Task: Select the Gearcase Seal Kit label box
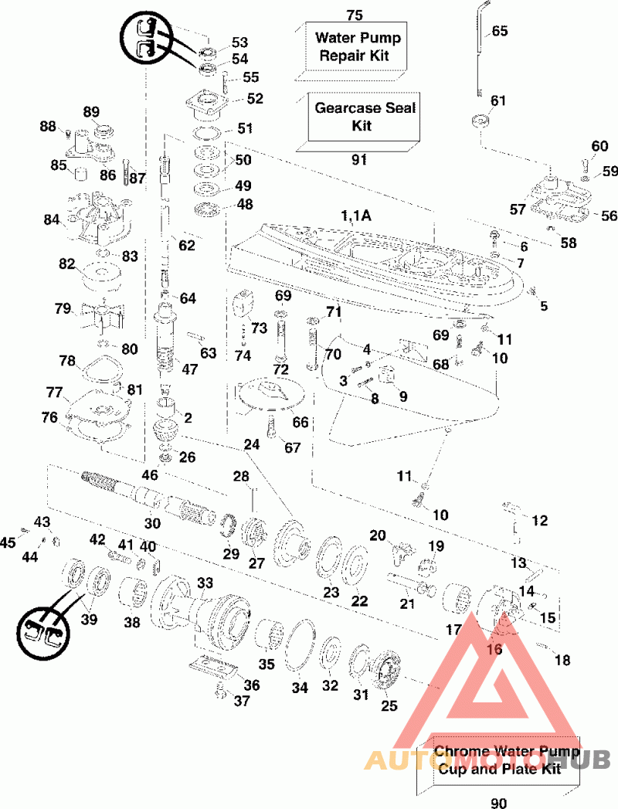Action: [x=365, y=116]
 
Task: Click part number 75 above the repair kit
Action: [x=355, y=15]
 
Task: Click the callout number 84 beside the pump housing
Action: [x=52, y=220]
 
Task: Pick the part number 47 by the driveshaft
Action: [x=190, y=369]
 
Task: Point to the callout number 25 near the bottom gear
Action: [x=389, y=705]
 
